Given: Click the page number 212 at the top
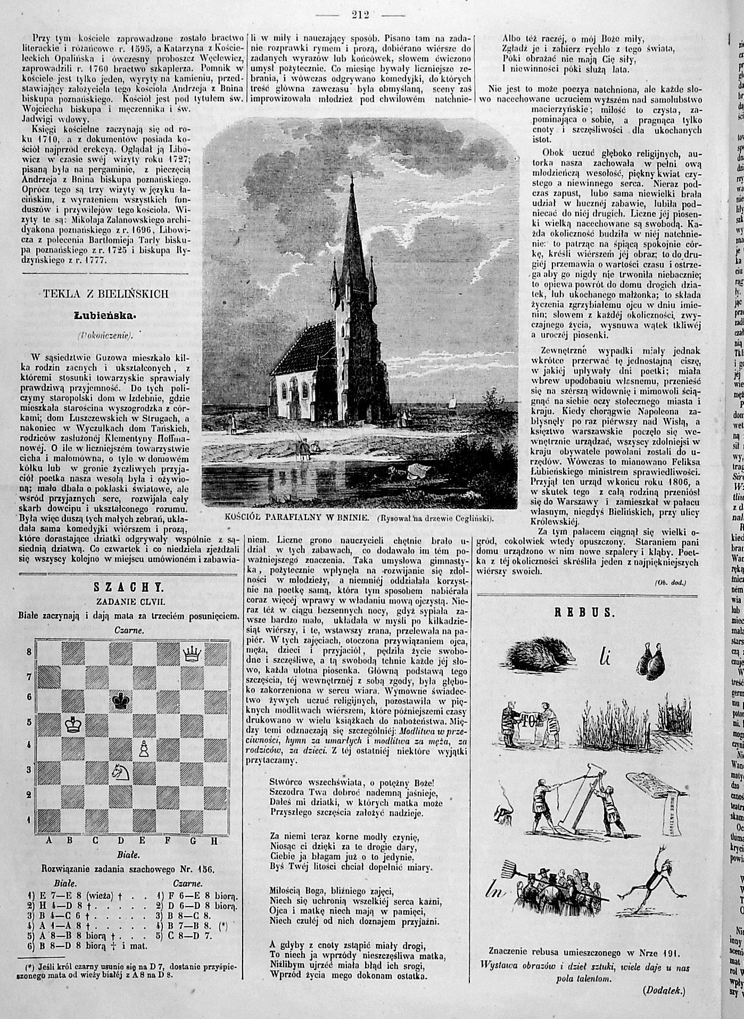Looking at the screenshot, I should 361,14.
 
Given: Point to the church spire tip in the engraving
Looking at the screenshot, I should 352,173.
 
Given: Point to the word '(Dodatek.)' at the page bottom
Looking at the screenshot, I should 664,991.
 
